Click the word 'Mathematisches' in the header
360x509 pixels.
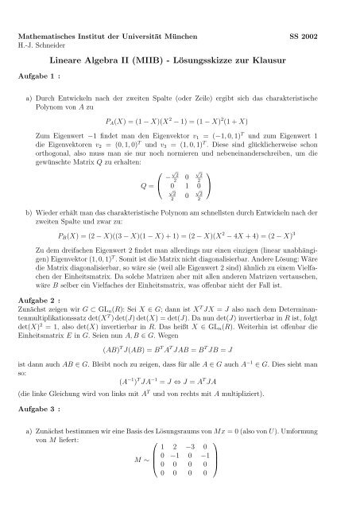point(50,37)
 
